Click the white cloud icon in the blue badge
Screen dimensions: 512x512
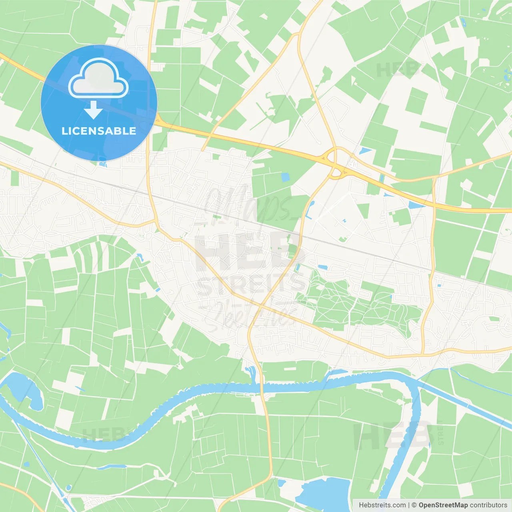click(98, 78)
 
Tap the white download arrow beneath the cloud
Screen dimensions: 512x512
click(93, 110)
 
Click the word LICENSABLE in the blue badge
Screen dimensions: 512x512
click(99, 131)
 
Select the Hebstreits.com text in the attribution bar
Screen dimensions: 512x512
click(382, 505)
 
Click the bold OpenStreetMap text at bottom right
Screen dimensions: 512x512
click(443, 505)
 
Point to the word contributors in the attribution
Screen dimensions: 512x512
click(488, 505)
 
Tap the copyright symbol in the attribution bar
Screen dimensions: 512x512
click(414, 505)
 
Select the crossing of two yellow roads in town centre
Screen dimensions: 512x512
click(260, 306)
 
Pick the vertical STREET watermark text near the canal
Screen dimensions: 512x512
click(440, 435)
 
